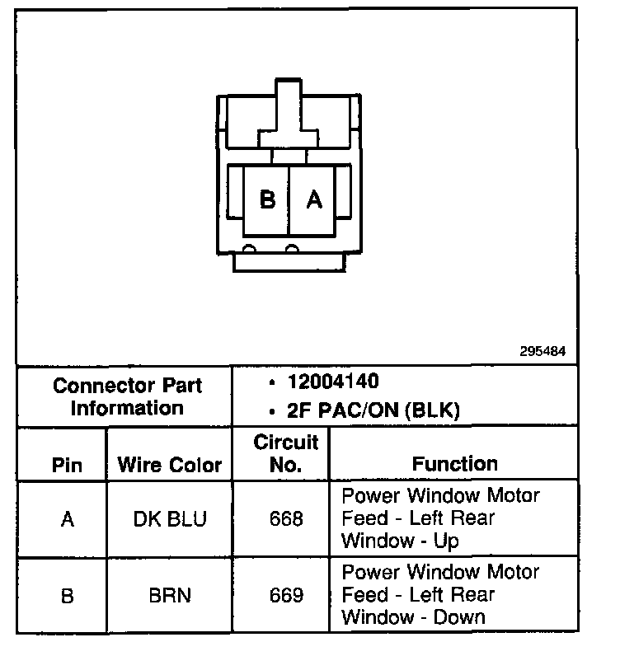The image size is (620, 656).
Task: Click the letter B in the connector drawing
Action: click(267, 200)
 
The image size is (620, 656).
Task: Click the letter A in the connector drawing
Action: click(314, 200)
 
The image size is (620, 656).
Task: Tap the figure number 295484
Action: click(542, 351)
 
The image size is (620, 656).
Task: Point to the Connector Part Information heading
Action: click(127, 396)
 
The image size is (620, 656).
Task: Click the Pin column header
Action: click(67, 465)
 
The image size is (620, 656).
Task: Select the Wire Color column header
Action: click(170, 465)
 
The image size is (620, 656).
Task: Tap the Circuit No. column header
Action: click(285, 453)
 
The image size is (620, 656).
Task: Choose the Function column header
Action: click(455, 464)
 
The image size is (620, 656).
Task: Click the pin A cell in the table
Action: click(67, 520)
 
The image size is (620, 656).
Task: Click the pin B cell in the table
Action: click(67, 595)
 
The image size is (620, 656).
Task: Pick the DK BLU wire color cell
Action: click(170, 520)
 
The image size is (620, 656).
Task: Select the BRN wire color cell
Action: click(170, 595)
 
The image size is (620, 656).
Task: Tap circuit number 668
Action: click(286, 520)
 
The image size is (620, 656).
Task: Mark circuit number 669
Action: click(286, 595)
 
